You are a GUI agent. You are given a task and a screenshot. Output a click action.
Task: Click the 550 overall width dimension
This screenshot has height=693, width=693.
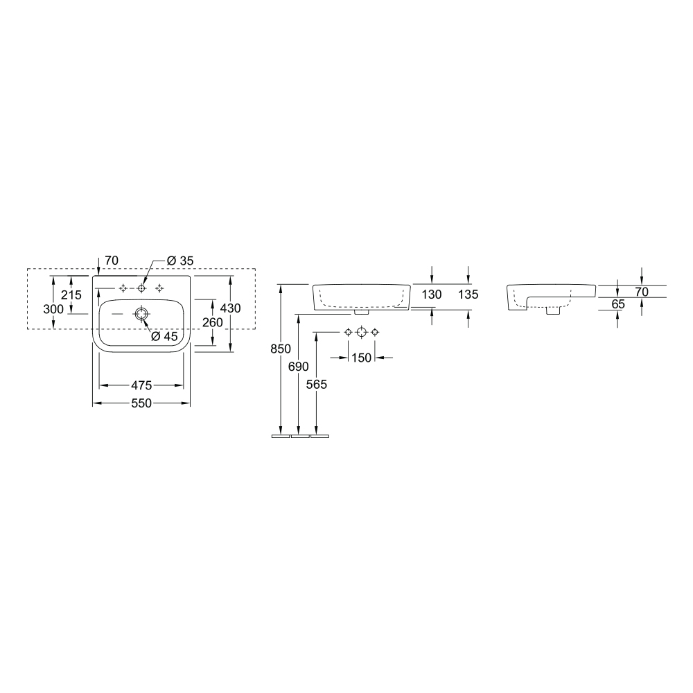(141, 403)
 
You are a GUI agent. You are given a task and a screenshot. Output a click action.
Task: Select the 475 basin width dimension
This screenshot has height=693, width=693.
(141, 385)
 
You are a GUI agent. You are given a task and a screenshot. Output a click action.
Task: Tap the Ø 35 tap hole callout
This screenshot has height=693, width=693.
(180, 261)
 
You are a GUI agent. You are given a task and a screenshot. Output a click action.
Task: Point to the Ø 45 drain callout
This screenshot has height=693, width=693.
(164, 336)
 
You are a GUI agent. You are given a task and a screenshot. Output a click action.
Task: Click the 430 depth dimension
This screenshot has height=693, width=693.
(230, 308)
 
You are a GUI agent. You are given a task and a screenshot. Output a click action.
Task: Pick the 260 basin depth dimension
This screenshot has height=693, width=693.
(213, 323)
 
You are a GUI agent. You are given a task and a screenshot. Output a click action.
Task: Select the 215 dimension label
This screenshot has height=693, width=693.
(71, 295)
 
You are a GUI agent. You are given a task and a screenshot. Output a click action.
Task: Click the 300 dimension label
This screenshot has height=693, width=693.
(53, 309)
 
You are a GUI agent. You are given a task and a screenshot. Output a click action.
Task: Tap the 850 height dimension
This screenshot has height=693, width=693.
(281, 349)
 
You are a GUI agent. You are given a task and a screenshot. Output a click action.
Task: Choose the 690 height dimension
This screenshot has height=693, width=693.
(298, 367)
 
